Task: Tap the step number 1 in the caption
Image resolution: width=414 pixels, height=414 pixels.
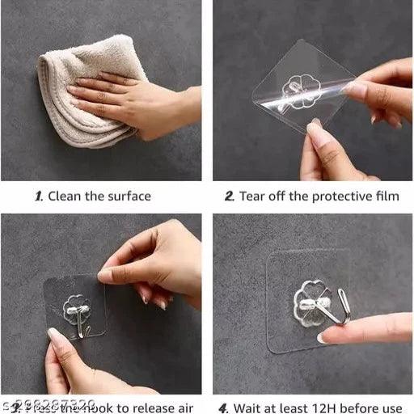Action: pyautogui.click(x=38, y=196)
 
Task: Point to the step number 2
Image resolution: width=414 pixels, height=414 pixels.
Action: pyautogui.click(x=230, y=196)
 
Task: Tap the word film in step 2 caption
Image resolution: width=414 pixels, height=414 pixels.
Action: pyautogui.click(x=386, y=196)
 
